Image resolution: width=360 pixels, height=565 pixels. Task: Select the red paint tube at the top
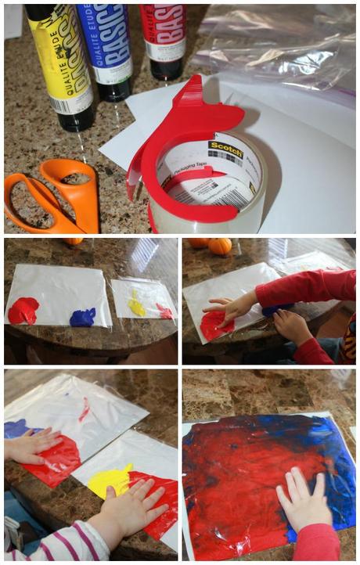163,35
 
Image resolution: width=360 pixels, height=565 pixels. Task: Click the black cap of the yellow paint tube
78,117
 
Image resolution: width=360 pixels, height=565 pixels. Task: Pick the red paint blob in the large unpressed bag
23,311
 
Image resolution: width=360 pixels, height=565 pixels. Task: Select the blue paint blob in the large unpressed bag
82,317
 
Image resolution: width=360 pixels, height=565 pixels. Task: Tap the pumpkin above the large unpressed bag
220,246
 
